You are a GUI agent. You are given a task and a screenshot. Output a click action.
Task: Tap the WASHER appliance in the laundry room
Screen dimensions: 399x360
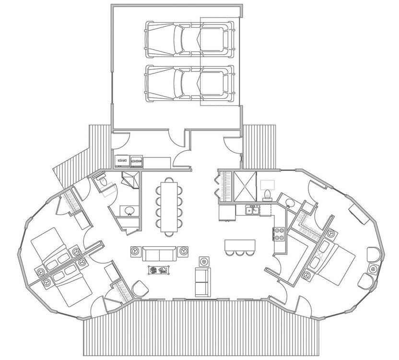[x=136, y=161]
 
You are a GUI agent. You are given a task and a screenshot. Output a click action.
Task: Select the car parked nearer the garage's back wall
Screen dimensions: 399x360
[x=189, y=39]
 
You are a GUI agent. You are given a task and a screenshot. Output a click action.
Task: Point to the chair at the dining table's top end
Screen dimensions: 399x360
[x=169, y=180]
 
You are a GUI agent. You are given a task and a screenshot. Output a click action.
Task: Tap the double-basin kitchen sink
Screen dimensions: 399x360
[x=252, y=210]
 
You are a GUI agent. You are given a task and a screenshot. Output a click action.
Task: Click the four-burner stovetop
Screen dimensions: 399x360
[x=278, y=234]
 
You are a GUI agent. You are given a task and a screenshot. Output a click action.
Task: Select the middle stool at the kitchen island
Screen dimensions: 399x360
[x=239, y=253]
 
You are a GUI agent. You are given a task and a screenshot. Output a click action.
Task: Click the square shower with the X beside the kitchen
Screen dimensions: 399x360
[x=245, y=186]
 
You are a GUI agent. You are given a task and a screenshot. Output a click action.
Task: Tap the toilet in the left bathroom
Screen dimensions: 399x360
[x=103, y=181]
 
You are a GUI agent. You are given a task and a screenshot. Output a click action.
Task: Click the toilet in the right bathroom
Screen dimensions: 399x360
[x=267, y=195]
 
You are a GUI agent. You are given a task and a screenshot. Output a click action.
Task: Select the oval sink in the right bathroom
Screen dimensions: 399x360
[x=289, y=203]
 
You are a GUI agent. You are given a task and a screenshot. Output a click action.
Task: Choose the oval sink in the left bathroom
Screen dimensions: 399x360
[x=129, y=210]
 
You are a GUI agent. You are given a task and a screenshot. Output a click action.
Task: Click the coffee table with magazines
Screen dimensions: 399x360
[x=159, y=270]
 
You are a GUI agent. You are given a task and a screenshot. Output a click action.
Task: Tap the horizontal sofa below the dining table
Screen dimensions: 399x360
[x=159, y=253]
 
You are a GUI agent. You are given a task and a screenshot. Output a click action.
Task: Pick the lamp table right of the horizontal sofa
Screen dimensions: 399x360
[x=183, y=252]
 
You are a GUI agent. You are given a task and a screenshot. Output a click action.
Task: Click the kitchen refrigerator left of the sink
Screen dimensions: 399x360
[x=227, y=213]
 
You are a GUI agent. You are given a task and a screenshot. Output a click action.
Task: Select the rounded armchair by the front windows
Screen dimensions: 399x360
[x=140, y=289]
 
